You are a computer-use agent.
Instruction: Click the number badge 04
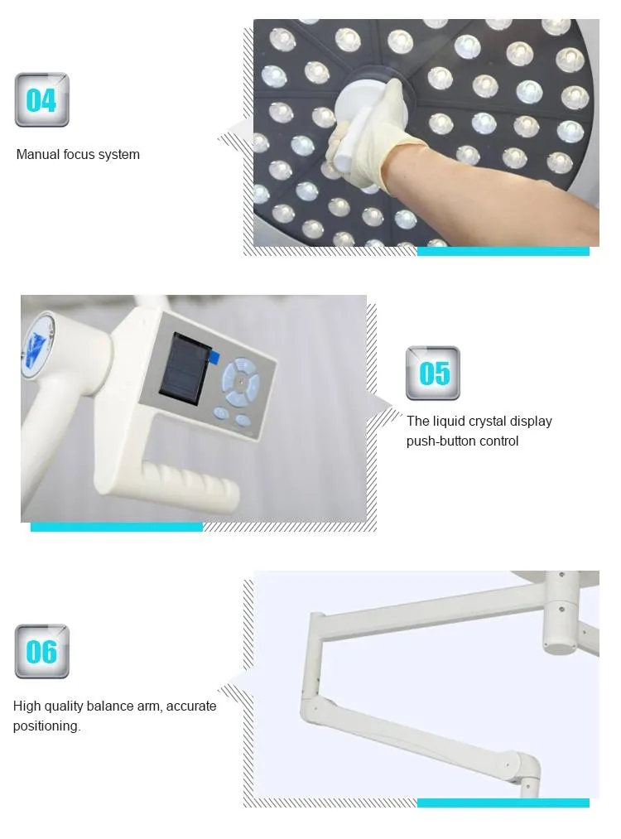[x=41, y=100]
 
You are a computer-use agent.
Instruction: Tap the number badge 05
[x=433, y=373]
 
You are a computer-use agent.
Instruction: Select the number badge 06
[x=41, y=651]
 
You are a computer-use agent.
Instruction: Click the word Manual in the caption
[x=38, y=155]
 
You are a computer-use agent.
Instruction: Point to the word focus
[x=79, y=155]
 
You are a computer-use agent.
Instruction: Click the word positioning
[x=46, y=726]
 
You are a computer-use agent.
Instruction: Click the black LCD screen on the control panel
[x=185, y=368]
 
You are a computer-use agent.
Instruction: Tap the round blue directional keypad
[x=241, y=382]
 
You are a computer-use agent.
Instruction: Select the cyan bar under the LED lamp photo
[x=503, y=252]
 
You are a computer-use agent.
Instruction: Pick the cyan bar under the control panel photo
[x=117, y=527]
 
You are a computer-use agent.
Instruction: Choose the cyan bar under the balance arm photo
[x=503, y=803]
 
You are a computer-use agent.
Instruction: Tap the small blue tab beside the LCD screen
[x=214, y=356]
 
